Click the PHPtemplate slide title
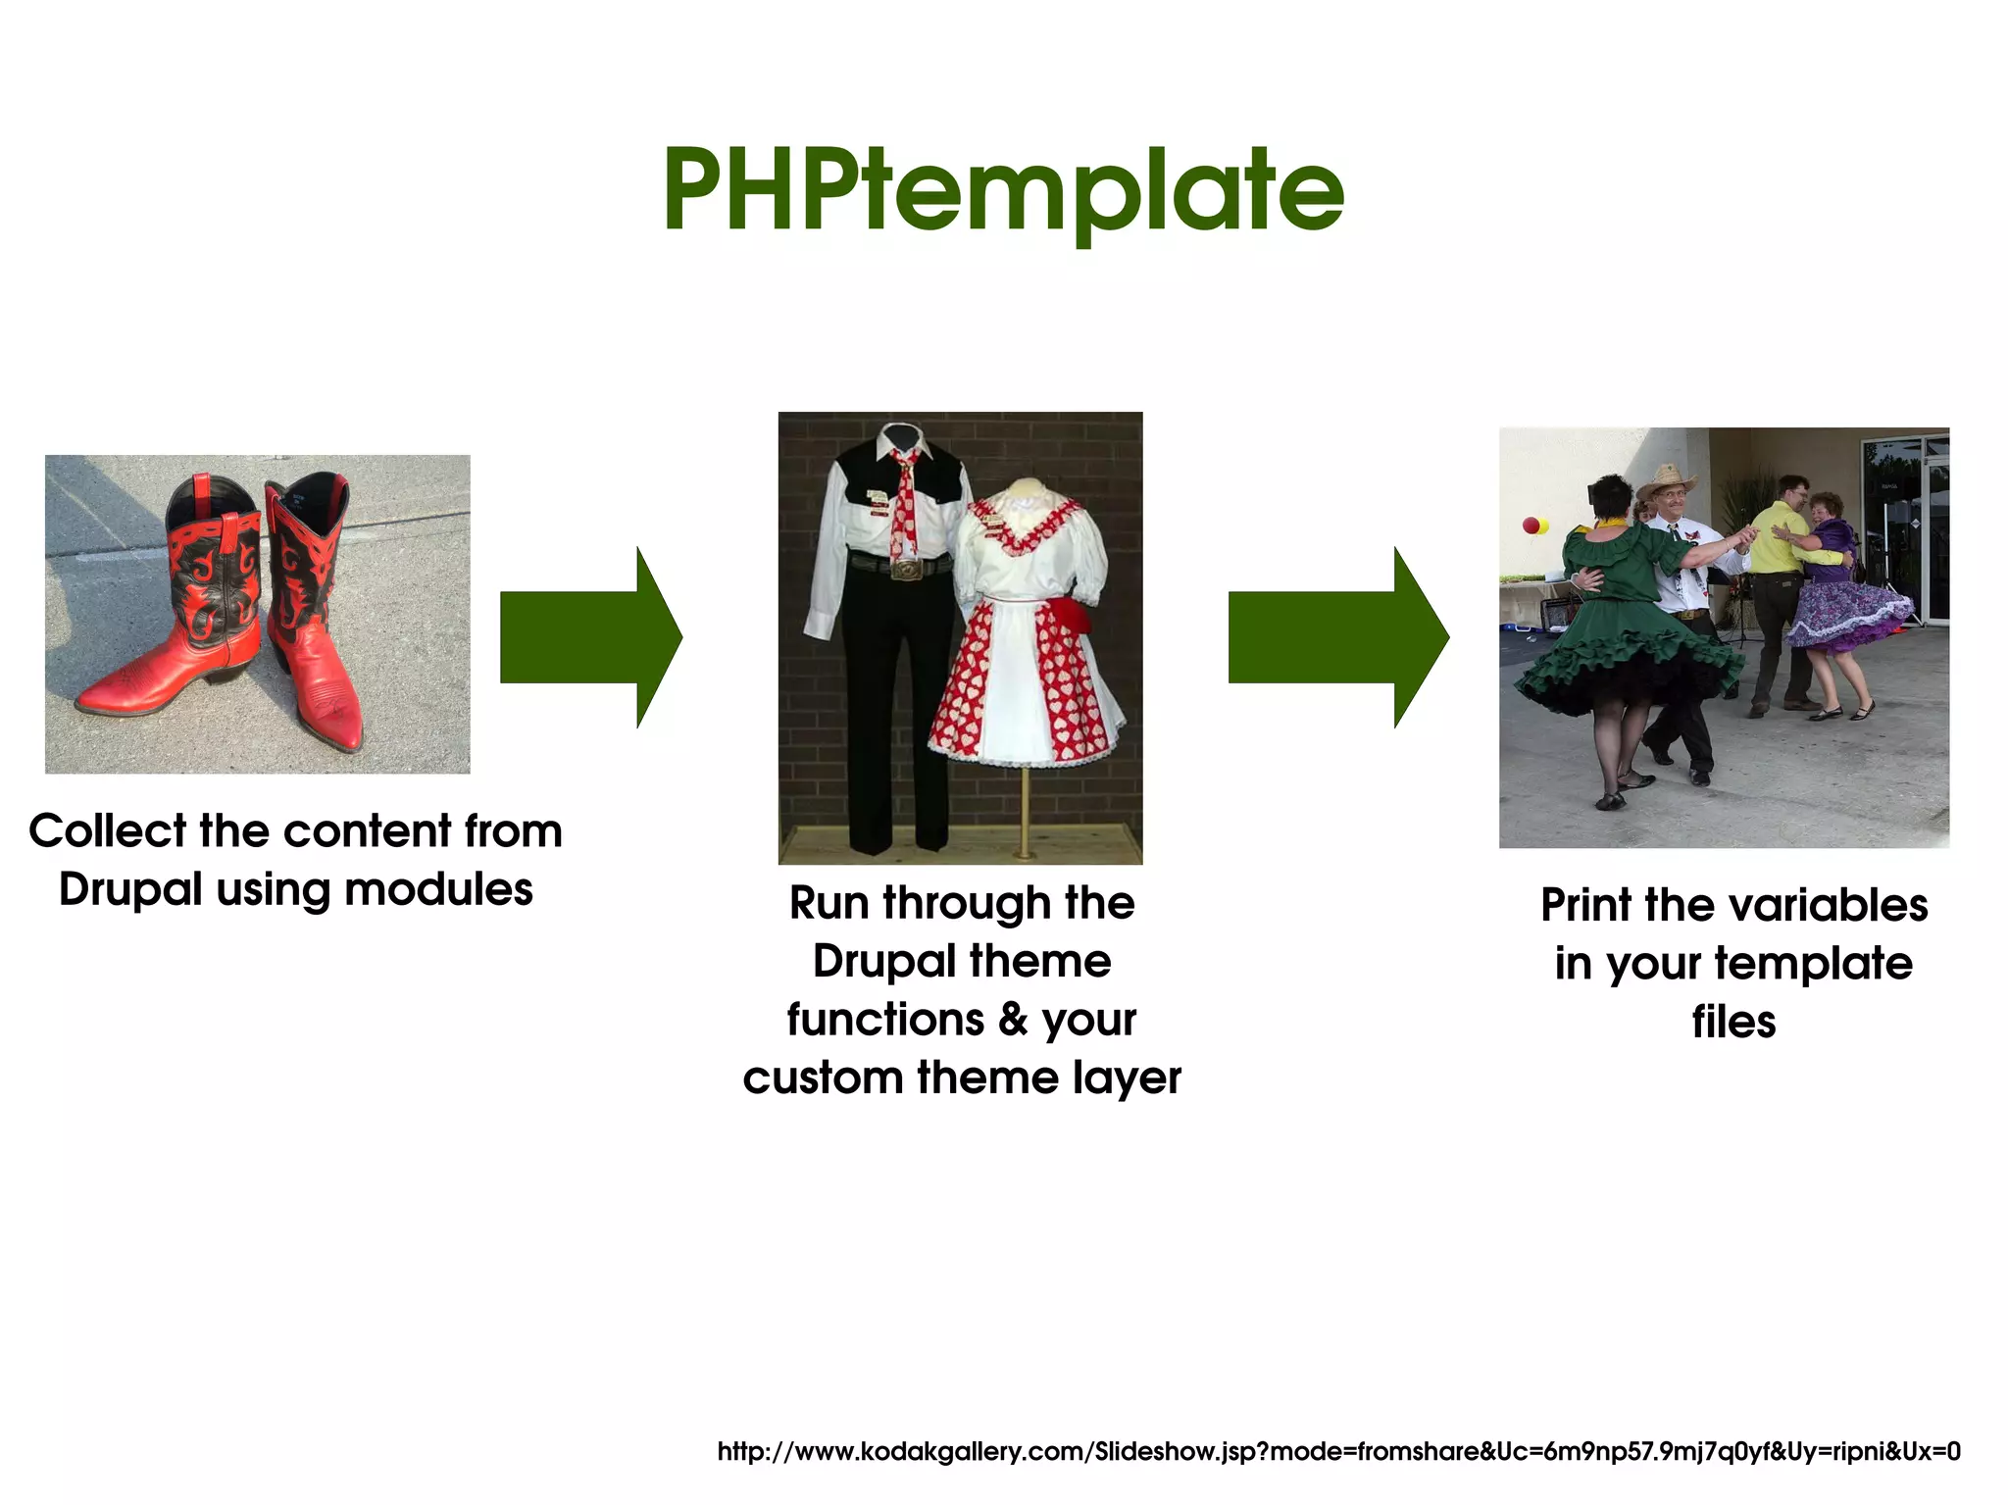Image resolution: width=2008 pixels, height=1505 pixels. [x=1003, y=191]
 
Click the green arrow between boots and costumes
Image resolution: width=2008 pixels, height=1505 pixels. [x=588, y=637]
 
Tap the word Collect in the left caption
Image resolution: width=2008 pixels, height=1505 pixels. [x=107, y=831]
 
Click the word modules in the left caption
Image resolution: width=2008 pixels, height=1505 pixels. [x=438, y=890]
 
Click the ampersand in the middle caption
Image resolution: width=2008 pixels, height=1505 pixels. [x=1012, y=1020]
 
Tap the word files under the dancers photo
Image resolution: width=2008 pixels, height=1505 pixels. [x=1733, y=1022]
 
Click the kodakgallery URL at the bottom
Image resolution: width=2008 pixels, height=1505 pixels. [x=1338, y=1451]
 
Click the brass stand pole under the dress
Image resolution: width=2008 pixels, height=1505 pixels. [x=1025, y=809]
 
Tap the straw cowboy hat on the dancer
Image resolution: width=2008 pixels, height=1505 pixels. [x=1666, y=480]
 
